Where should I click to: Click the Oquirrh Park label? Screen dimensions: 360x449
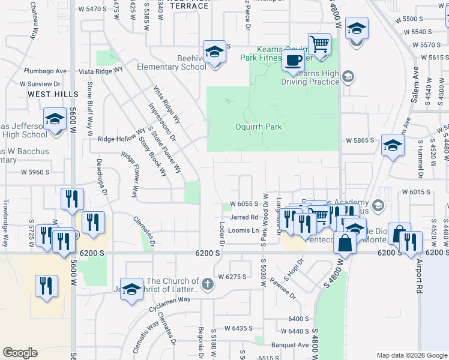click(259, 127)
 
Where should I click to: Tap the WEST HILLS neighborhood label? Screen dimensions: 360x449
click(53, 95)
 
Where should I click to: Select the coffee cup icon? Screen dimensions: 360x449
click(294, 61)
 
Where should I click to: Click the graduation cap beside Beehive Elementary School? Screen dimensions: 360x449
click(214, 53)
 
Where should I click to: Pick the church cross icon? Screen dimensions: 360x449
click(207, 284)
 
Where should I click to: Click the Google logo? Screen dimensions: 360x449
click(20, 353)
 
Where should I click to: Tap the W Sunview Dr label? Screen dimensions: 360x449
click(43, 85)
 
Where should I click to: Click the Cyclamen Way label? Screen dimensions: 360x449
click(170, 299)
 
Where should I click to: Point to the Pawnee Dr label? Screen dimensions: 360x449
click(283, 288)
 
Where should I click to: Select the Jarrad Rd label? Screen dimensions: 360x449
click(244, 217)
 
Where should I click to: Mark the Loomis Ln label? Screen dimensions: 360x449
click(247, 231)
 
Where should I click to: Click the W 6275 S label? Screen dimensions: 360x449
click(233, 277)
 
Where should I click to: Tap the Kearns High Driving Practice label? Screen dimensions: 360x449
click(319, 77)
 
